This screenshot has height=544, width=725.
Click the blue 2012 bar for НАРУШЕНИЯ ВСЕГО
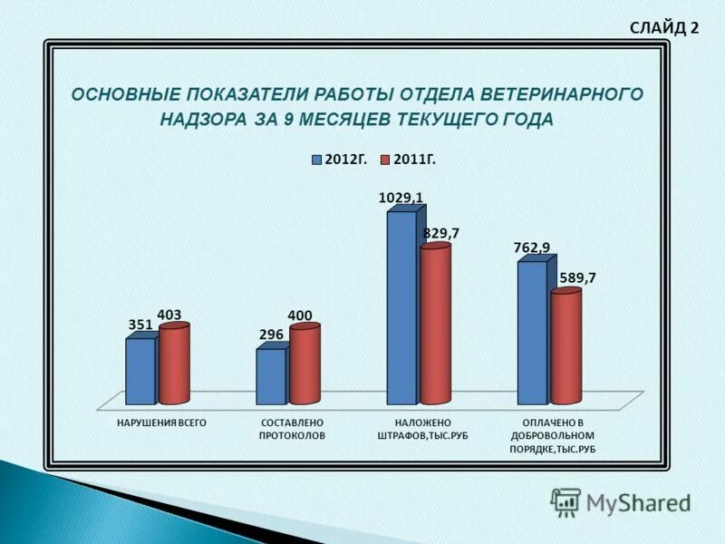coord(140,372)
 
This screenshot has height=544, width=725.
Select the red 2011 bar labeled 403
coord(175,364)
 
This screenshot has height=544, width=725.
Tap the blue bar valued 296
coord(270,376)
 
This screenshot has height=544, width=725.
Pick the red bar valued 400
coord(304,365)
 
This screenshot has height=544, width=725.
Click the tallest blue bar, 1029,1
coord(401,308)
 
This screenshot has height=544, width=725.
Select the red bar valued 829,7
coord(435,325)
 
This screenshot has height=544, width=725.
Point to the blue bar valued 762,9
coord(532,333)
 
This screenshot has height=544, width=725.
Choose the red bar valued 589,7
coord(565,347)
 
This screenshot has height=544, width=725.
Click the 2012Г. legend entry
coord(340,160)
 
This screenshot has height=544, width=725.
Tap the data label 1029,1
coord(401,197)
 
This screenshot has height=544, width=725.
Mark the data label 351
coord(140,325)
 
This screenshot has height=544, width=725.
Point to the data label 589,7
coord(578,277)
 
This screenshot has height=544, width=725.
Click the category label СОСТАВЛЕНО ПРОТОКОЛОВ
coord(292,429)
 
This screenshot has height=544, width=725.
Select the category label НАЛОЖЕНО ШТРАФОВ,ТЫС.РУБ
coord(422,429)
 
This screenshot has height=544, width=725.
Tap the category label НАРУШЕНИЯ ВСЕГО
coord(162,423)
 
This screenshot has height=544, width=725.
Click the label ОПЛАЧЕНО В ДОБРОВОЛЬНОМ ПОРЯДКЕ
coord(553,436)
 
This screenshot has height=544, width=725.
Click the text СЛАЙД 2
coord(664,27)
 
